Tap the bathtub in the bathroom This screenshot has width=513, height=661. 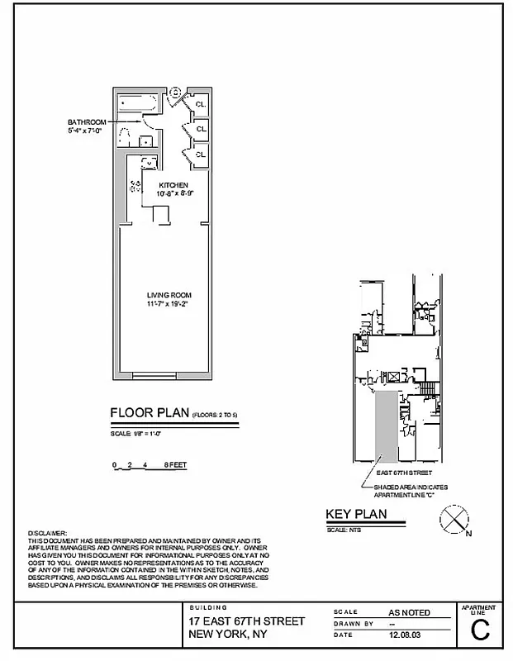[137, 104]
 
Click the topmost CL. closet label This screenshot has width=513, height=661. [201, 103]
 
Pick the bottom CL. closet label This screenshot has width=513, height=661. [201, 153]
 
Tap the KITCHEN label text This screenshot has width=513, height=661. [173, 184]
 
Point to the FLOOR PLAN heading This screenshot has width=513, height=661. [149, 413]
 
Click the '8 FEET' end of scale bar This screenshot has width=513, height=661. [175, 465]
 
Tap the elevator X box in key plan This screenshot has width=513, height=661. [394, 377]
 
